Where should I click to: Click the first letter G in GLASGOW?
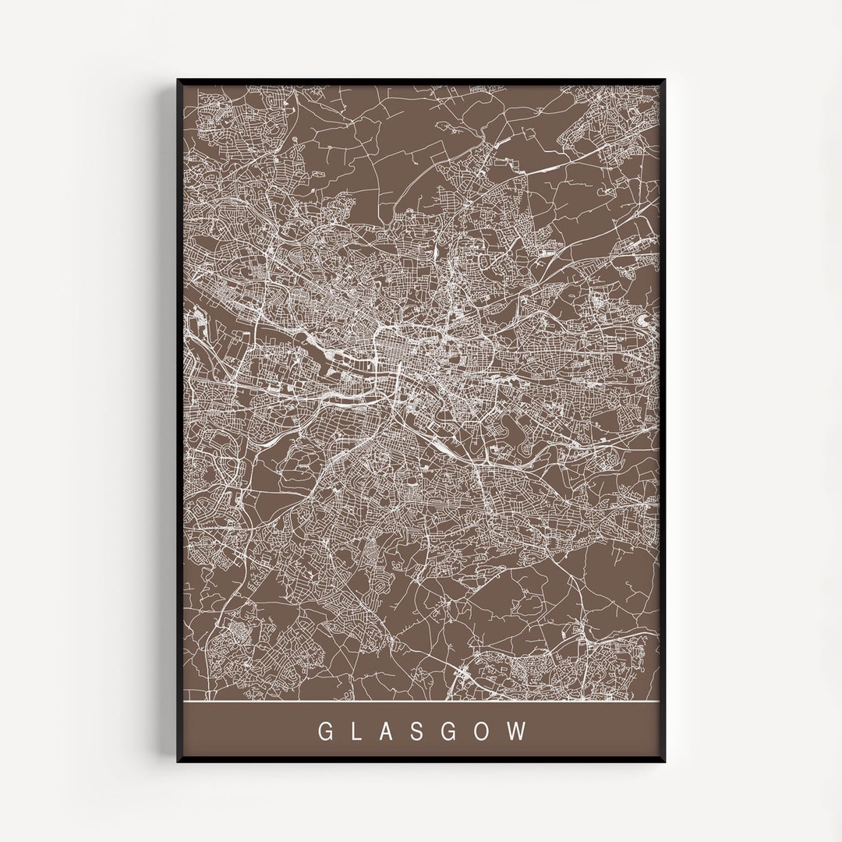pyautogui.click(x=324, y=731)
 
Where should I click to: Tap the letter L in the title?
pyautogui.click(x=358, y=731)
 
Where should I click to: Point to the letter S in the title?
pyautogui.click(x=423, y=731)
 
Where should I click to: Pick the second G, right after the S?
pyautogui.click(x=454, y=731)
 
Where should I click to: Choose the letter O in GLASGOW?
pyautogui.click(x=486, y=731)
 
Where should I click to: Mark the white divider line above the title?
pyautogui.click(x=421, y=702)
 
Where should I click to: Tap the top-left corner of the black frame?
pyautogui.click(x=179, y=80)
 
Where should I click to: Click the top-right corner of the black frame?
pyautogui.click(x=664, y=80)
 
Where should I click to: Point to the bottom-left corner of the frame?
pyautogui.click(x=179, y=760)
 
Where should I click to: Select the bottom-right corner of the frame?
pyautogui.click(x=664, y=760)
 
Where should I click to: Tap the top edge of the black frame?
pyautogui.click(x=421, y=80)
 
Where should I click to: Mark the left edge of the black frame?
pyautogui.click(x=179, y=421)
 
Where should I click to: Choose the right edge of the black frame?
pyautogui.click(x=664, y=421)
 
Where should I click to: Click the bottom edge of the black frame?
pyautogui.click(x=421, y=760)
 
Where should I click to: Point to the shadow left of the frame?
pyautogui.click(x=169, y=421)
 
